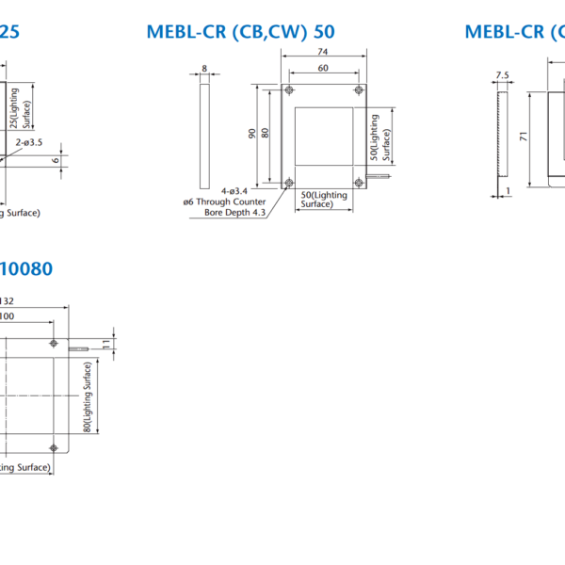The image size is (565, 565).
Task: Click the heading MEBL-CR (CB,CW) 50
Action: pos(240,32)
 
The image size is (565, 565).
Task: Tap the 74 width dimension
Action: pos(323,54)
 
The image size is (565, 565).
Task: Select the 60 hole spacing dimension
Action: pos(323,68)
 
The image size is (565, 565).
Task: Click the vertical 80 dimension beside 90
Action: pos(266,134)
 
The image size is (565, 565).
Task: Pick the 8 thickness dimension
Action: pos(204,69)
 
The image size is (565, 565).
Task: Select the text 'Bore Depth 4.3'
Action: pos(235,212)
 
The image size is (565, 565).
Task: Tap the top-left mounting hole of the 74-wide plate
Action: pos(288,90)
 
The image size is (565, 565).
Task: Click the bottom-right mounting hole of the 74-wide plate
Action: pos(358,182)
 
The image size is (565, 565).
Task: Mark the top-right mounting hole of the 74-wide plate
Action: pos(358,90)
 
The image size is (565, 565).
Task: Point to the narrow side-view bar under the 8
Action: pos(204,136)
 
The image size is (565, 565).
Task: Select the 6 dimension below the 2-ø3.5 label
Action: pos(57,160)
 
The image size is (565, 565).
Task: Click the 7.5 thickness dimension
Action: pos(501,75)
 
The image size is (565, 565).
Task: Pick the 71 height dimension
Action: pos(520,137)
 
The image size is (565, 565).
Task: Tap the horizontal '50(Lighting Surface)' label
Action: pos(324,200)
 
